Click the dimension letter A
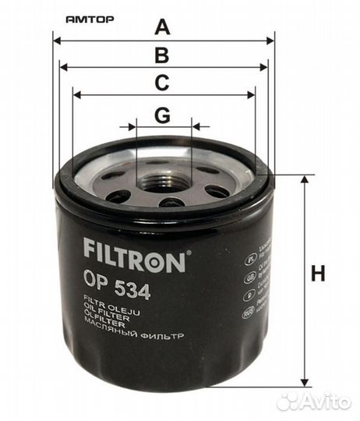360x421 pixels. tap(162, 27)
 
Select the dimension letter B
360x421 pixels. tap(162, 55)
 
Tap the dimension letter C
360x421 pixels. tap(162, 83)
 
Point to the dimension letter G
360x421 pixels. tap(162, 115)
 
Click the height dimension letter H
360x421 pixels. tap(317, 274)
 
